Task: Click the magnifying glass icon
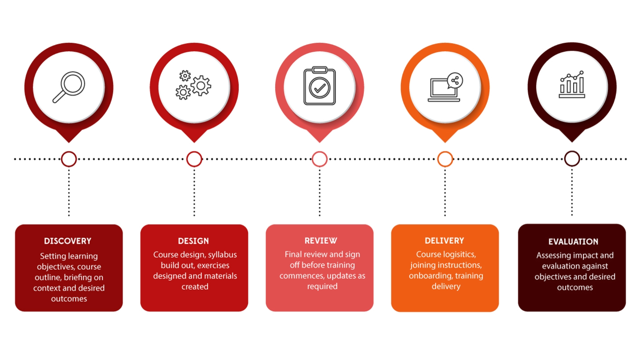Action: pos(69,87)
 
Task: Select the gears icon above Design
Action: pos(194,85)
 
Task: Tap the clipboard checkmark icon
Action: pos(319,86)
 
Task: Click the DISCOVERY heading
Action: pos(68,241)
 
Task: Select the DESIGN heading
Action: pos(193,241)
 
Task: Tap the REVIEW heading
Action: pos(321,241)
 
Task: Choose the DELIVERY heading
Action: pos(444,241)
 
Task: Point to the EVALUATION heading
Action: pos(573,242)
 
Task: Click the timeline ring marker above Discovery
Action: pos(69,159)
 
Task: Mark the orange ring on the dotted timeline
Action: pos(445,159)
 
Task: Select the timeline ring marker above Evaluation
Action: pos(572,159)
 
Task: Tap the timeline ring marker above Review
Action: pos(320,159)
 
